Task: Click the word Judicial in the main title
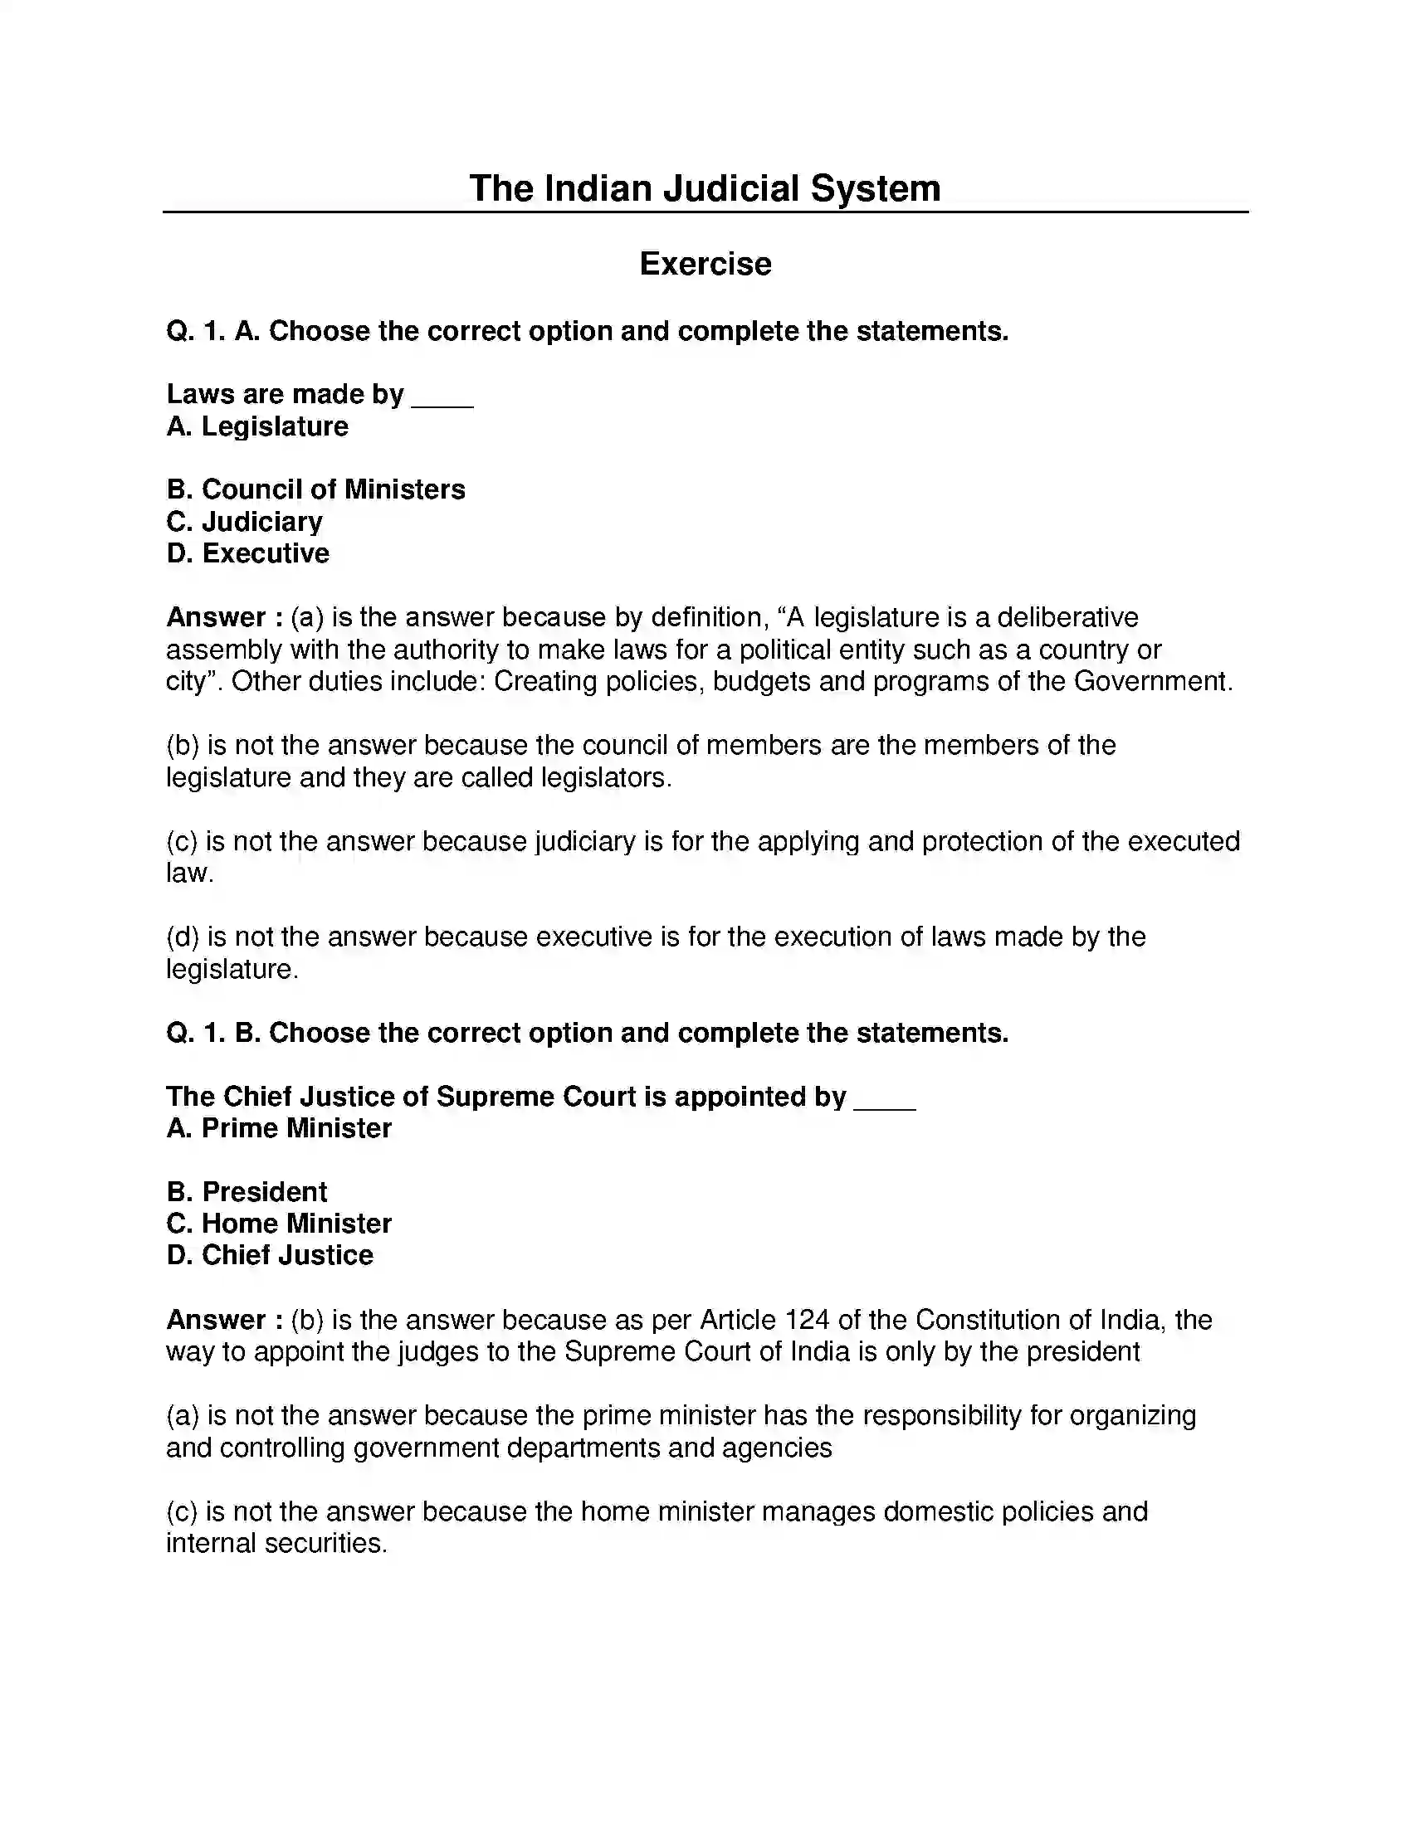[x=730, y=189]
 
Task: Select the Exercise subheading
[x=705, y=264]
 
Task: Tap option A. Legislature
[x=256, y=426]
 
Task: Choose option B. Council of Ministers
[x=315, y=489]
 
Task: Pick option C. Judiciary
[x=244, y=522]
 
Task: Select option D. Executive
[x=247, y=553]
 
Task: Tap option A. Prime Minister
[x=278, y=1128]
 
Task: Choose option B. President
[x=247, y=1191]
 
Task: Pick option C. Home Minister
[x=278, y=1224]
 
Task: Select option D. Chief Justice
[x=269, y=1255]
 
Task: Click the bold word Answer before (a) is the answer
[x=216, y=617]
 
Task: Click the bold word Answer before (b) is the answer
[x=216, y=1321]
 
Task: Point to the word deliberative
[x=1067, y=617]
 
